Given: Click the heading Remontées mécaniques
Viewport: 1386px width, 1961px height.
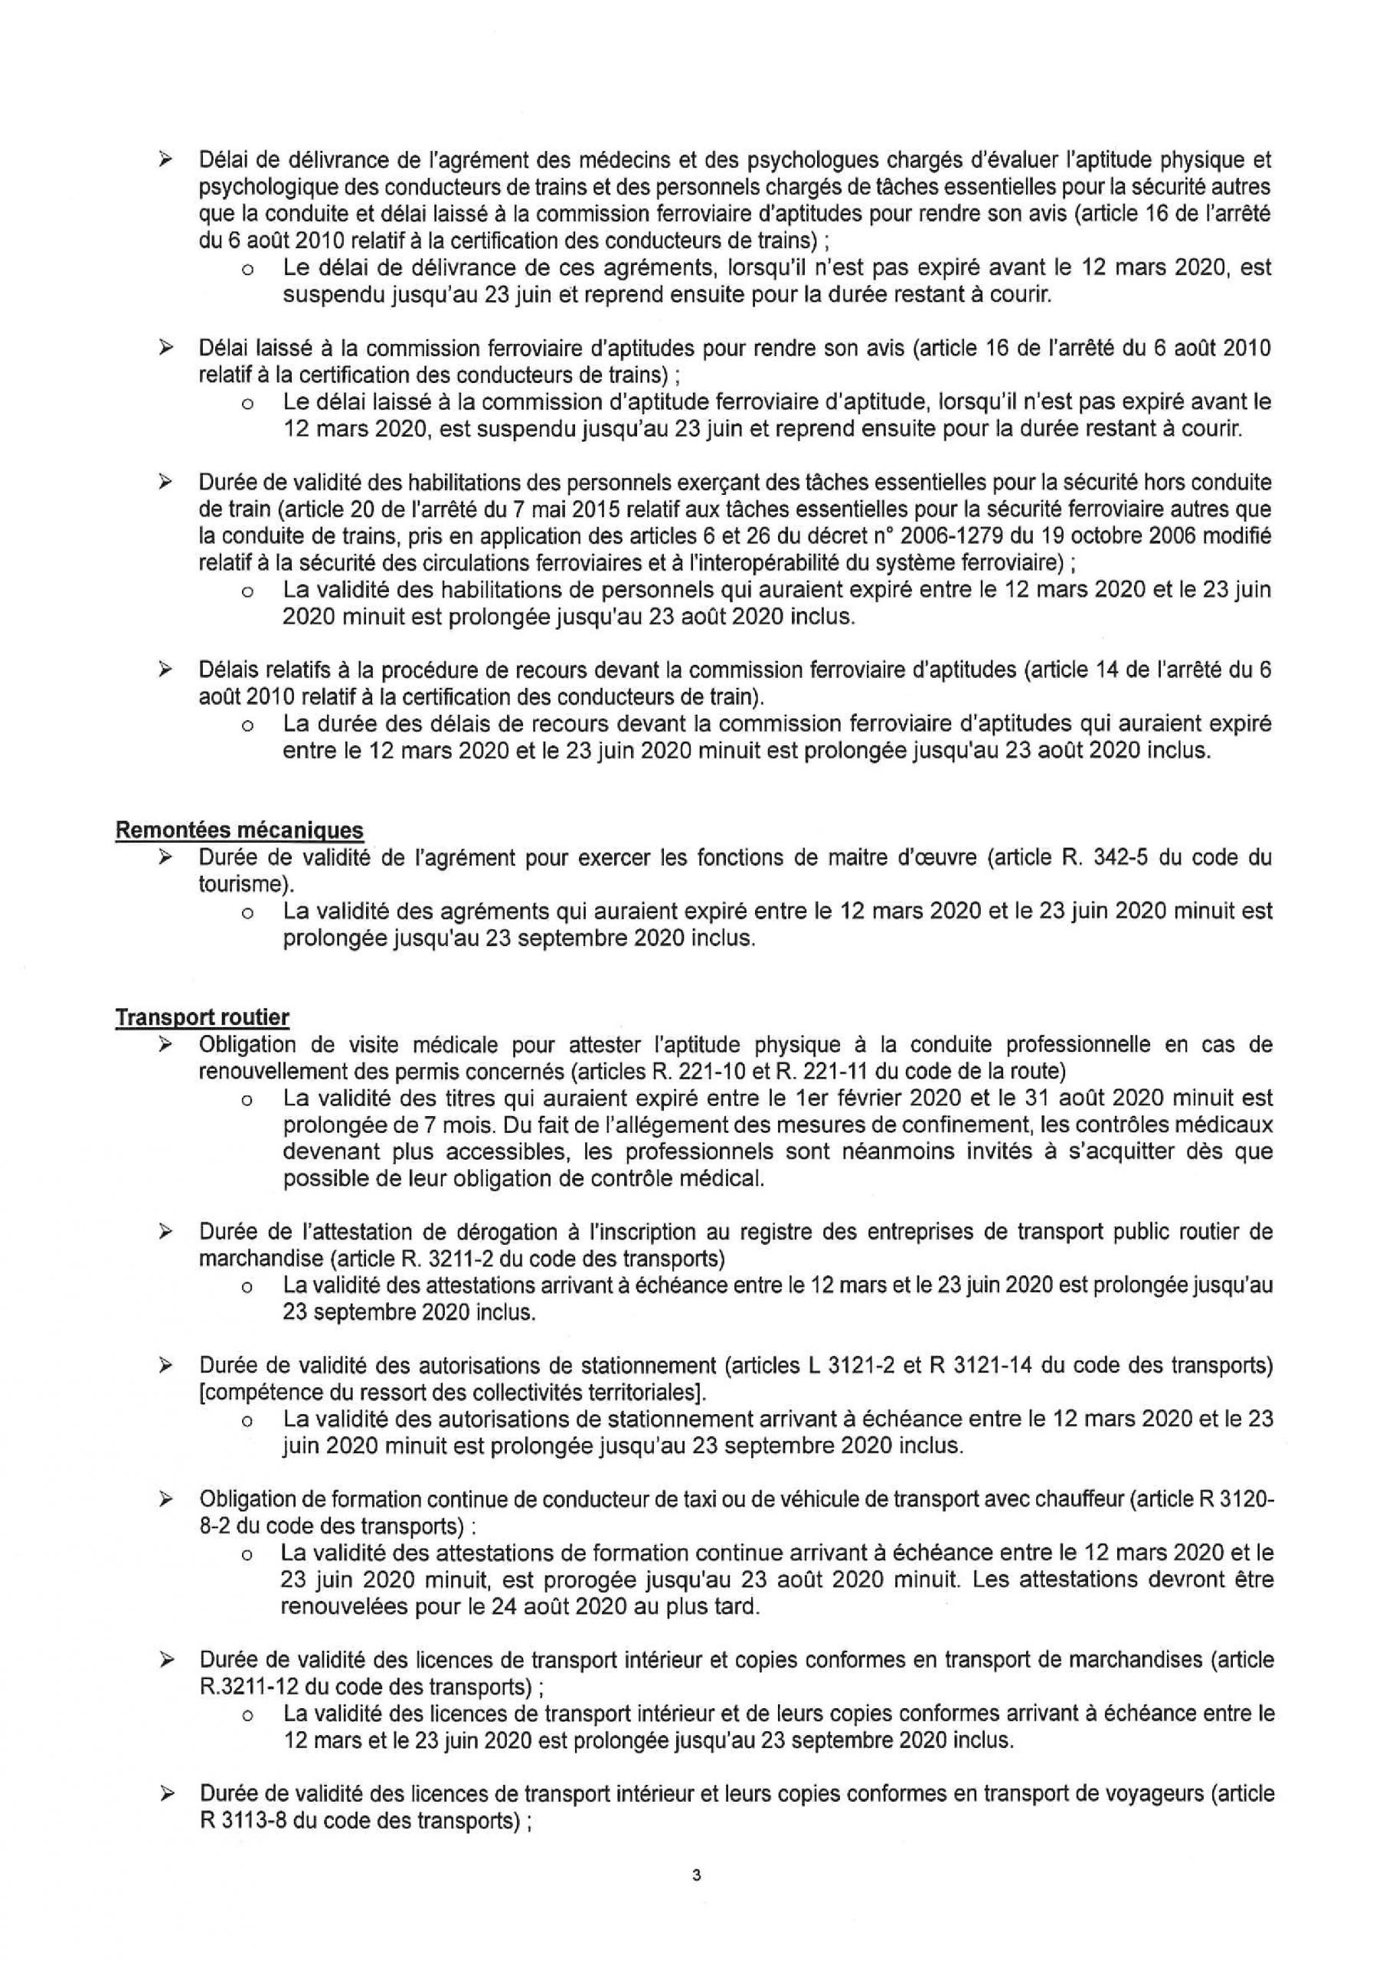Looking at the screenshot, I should click(239, 830).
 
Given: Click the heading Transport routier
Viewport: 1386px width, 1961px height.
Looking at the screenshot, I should click(202, 1017).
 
